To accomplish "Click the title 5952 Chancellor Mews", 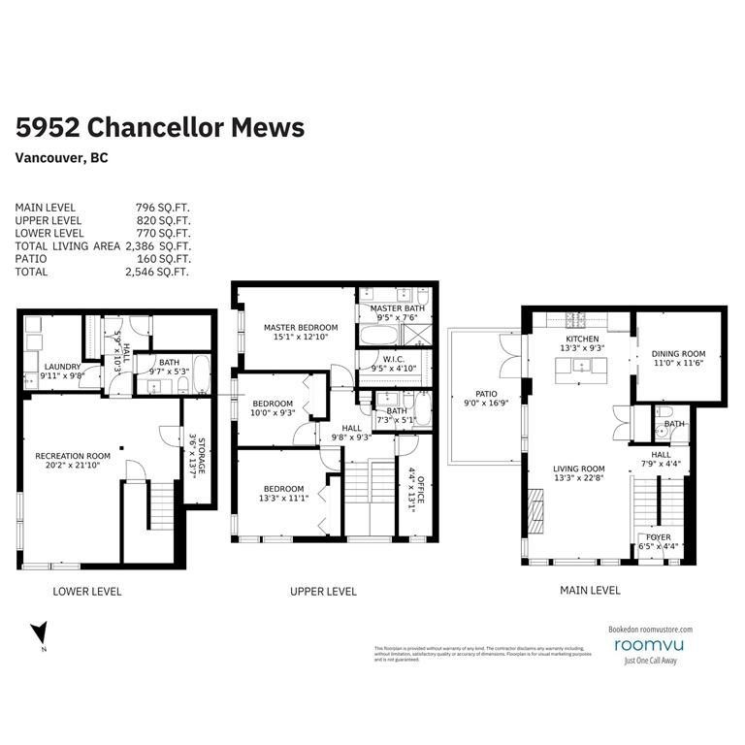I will (x=160, y=128).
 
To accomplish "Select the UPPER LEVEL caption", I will (x=324, y=591).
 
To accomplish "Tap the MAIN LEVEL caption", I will (x=589, y=590).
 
